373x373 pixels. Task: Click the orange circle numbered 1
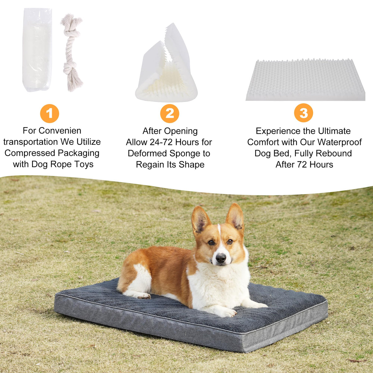coord(49,113)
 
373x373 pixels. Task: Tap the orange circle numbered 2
coord(170,113)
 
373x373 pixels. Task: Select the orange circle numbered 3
coord(303,113)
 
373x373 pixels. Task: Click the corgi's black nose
coord(221,258)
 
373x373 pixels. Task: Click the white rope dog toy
coord(72,52)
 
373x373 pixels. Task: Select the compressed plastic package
coord(37,50)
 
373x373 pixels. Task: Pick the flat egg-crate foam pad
coord(305,80)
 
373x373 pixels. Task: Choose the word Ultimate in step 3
coord(334,131)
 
